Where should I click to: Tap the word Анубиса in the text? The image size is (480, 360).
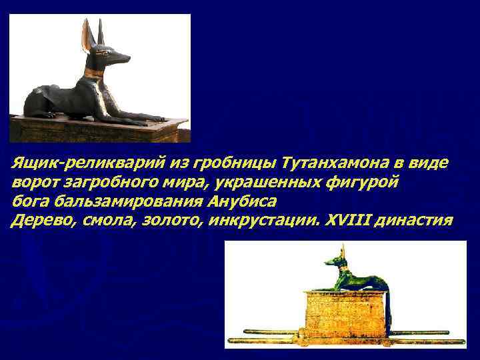tap(241, 201)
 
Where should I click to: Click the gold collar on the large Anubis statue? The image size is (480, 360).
tap(95, 72)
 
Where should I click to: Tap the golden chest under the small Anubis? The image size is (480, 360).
tap(345, 313)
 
